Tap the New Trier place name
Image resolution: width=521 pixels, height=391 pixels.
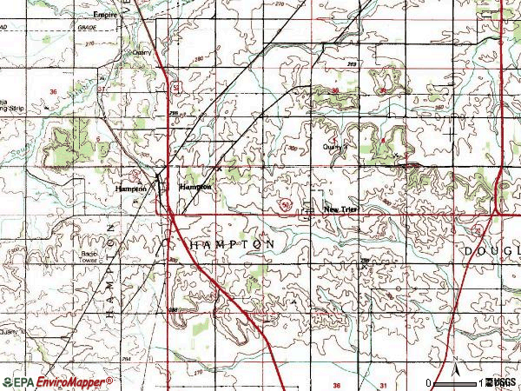pyautogui.click(x=340, y=209)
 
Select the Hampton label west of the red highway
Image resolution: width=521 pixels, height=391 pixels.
pyautogui.click(x=130, y=189)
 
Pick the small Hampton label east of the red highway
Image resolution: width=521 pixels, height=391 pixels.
pyautogui.click(x=195, y=187)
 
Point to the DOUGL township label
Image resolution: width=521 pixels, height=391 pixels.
pyautogui.click(x=491, y=250)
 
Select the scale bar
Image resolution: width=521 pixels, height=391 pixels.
pyautogui.click(x=457, y=382)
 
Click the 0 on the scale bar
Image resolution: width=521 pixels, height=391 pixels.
pyautogui.click(x=429, y=383)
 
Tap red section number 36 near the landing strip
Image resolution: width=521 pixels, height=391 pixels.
pyautogui.click(x=54, y=92)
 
